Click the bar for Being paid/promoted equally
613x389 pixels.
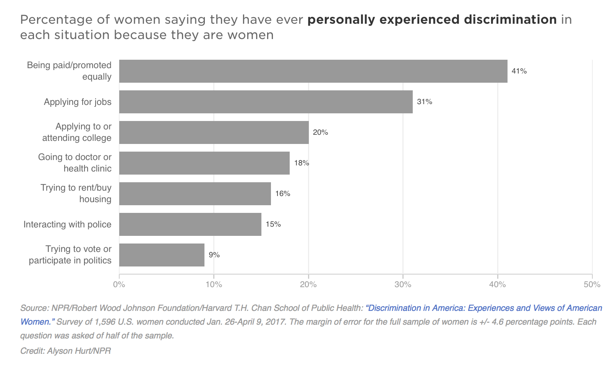coord(313,71)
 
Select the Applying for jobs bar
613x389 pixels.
coord(266,102)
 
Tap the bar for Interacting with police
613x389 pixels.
coord(190,224)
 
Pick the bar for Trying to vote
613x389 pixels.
coord(162,255)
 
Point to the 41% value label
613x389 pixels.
coord(519,71)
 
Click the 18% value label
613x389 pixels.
coord(301,163)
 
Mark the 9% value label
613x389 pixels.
coord(214,255)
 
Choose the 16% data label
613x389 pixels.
coord(282,194)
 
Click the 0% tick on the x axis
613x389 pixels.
coord(119,284)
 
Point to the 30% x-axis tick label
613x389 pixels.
coord(403,284)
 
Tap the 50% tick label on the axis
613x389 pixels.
coord(592,284)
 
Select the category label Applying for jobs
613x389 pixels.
coord(78,102)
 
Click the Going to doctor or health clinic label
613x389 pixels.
coord(75,163)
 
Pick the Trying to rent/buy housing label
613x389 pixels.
coord(76,193)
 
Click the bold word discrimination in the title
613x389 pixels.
coord(510,20)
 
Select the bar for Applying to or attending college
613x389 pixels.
coord(214,132)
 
